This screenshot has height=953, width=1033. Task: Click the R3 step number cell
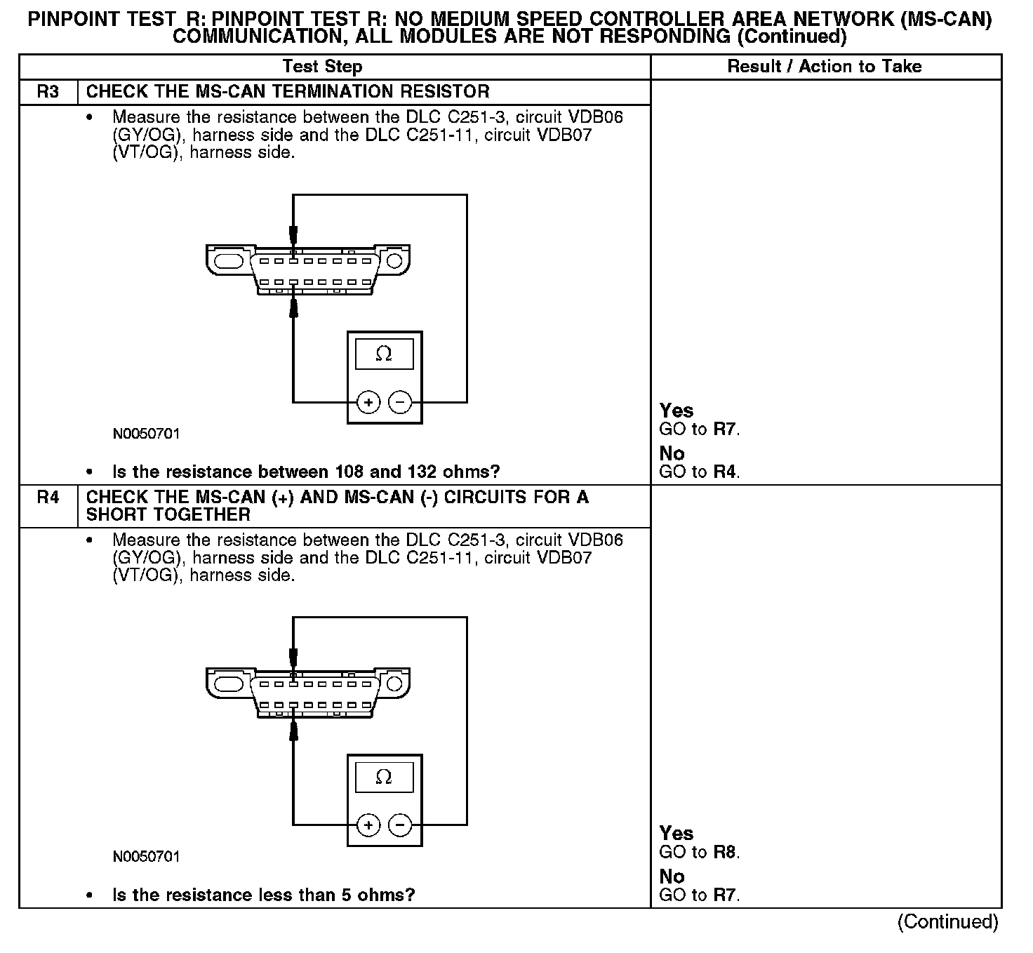click(x=48, y=92)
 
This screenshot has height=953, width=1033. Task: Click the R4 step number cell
click(x=48, y=498)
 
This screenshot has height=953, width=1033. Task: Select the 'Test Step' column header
click(x=322, y=67)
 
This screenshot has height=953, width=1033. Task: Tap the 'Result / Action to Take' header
click(x=825, y=67)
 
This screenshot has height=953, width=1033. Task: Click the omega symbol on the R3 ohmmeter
click(x=384, y=354)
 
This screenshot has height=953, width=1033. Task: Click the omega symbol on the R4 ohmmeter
click(x=384, y=777)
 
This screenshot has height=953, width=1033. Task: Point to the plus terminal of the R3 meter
click(x=368, y=402)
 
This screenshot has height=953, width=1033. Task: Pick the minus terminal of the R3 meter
click(x=400, y=402)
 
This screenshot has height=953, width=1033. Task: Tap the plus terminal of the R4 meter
click(x=368, y=825)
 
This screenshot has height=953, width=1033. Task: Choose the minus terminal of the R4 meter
click(x=400, y=825)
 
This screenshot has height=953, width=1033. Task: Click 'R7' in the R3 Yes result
click(x=726, y=429)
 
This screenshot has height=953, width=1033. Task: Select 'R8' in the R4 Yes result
click(x=726, y=853)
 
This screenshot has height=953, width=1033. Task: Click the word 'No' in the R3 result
click(x=672, y=453)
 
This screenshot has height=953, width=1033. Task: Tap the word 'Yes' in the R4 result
click(x=677, y=834)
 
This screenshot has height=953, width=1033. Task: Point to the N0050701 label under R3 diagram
click(x=146, y=434)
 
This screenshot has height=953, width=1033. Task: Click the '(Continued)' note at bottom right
click(x=947, y=921)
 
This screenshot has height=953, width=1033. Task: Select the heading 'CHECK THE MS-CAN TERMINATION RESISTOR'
click(x=288, y=92)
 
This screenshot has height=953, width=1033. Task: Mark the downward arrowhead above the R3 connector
click(x=293, y=234)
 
